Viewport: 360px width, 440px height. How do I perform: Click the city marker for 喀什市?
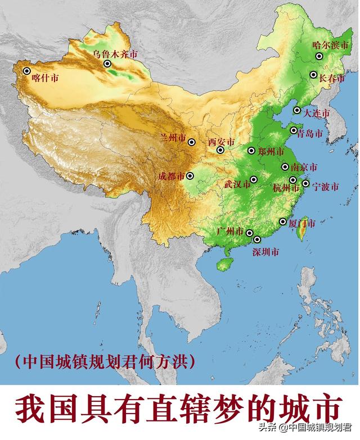coord(26,71)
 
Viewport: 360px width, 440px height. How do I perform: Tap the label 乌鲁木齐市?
coord(115,55)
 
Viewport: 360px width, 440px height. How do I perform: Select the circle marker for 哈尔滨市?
coord(319,56)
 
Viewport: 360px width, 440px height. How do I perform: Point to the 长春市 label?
coord(332,79)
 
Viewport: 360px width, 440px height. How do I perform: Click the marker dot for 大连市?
coord(297,110)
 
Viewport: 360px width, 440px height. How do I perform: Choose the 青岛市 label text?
coord(310,134)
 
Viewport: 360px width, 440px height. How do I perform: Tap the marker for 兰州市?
coord(192,142)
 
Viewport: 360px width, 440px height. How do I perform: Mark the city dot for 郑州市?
coord(251,151)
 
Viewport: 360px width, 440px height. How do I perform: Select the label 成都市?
coord(171,176)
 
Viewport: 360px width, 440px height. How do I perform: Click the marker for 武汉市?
coord(254,179)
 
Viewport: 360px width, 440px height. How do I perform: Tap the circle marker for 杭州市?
coord(292,180)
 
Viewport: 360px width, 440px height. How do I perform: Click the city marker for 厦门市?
coord(283,221)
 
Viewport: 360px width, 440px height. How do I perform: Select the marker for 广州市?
coord(249,233)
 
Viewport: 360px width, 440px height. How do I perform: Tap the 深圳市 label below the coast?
coord(265,252)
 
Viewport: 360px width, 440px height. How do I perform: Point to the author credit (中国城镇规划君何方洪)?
coord(106,361)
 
